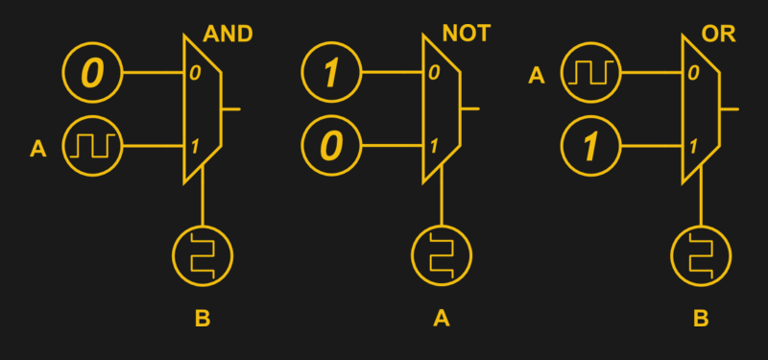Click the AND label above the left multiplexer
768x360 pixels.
pos(228,35)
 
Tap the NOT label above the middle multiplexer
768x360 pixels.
pos(466,35)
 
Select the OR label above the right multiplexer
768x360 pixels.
pos(718,35)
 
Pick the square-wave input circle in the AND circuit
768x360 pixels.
pos(93,148)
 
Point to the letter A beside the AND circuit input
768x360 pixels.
pos(38,148)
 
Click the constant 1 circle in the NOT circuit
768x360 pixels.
pos(331,73)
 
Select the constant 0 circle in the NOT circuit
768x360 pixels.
pos(331,148)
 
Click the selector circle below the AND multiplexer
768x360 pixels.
pos(203,254)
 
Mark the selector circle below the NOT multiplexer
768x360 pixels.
pos(442,254)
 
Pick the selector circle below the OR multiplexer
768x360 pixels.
pos(700,254)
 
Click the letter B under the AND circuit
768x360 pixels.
pos(203,318)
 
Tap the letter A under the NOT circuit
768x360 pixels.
pos(442,318)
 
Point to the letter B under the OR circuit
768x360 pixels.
pos(700,318)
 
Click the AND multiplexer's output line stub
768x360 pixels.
pos(230,109)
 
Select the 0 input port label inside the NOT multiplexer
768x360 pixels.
pos(434,73)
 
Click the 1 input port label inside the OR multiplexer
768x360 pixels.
pos(691,148)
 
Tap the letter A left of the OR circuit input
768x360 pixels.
pos(537,73)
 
